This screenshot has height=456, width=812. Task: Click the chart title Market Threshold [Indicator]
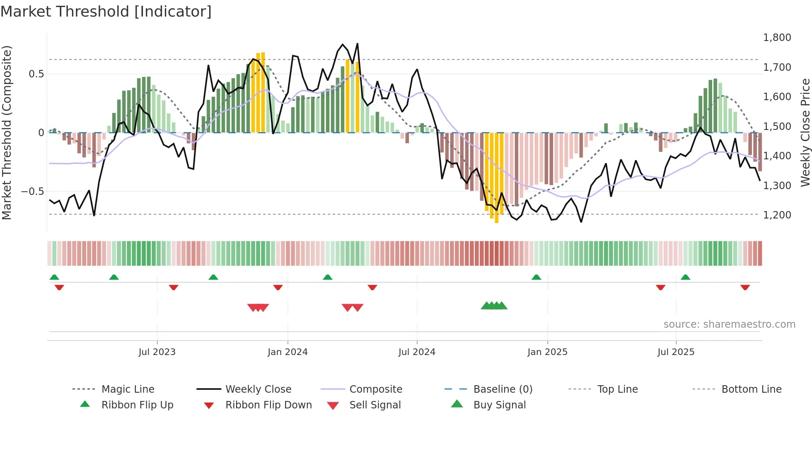[106, 12]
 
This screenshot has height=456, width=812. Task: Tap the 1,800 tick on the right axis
[777, 38]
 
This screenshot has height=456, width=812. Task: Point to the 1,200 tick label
[777, 215]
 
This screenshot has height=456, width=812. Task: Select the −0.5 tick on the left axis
[32, 192]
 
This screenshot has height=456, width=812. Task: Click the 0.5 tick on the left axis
[36, 74]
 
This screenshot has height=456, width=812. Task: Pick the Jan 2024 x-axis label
[288, 352]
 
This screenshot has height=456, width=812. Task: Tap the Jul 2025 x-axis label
[676, 352]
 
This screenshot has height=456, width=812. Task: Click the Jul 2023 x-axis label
[157, 352]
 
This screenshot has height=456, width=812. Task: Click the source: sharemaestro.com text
[729, 324]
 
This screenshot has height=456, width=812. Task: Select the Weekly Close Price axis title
[805, 132]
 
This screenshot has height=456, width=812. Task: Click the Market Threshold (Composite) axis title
[7, 132]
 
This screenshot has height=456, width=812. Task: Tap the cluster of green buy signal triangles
[494, 306]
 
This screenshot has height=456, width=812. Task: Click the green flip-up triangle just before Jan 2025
[536, 277]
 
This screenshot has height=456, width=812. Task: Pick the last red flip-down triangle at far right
[745, 287]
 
